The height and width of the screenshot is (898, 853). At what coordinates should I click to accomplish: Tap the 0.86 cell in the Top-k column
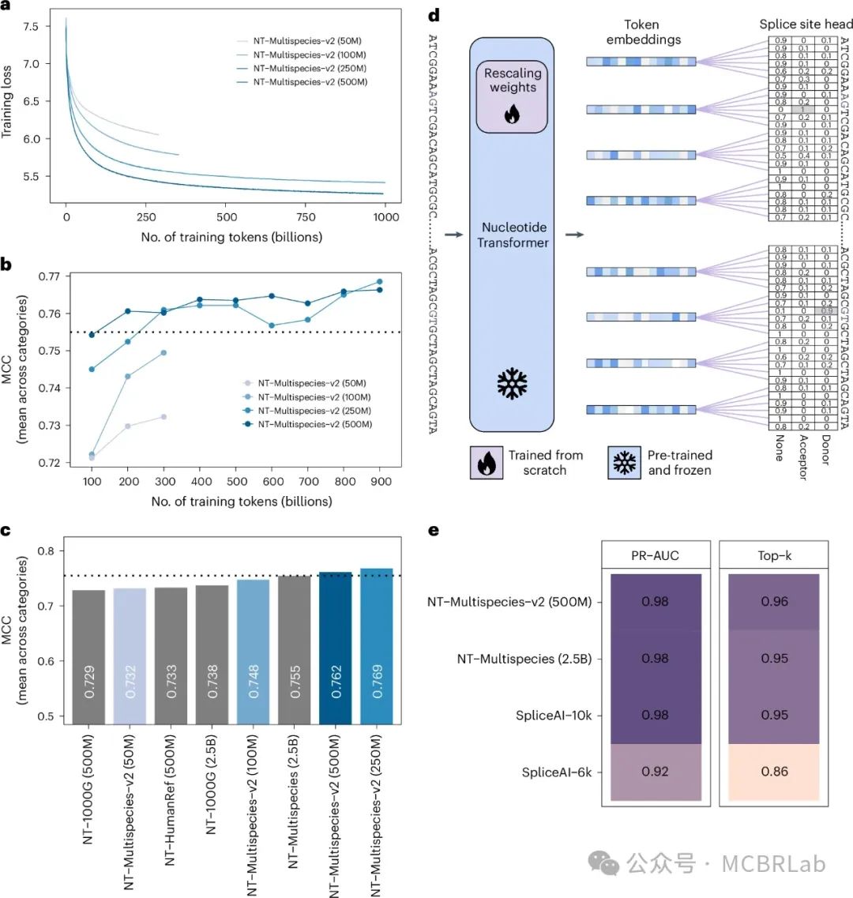pyautogui.click(x=777, y=772)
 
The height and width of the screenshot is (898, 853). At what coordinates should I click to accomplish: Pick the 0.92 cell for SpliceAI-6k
pyautogui.click(x=656, y=772)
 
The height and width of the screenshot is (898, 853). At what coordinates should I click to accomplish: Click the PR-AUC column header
pyautogui.click(x=656, y=556)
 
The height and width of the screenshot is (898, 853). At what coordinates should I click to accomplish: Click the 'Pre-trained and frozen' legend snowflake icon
pyautogui.click(x=624, y=462)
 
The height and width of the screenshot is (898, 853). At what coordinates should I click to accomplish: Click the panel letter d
pyautogui.click(x=433, y=14)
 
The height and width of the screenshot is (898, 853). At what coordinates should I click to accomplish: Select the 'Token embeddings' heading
pyautogui.click(x=641, y=32)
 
